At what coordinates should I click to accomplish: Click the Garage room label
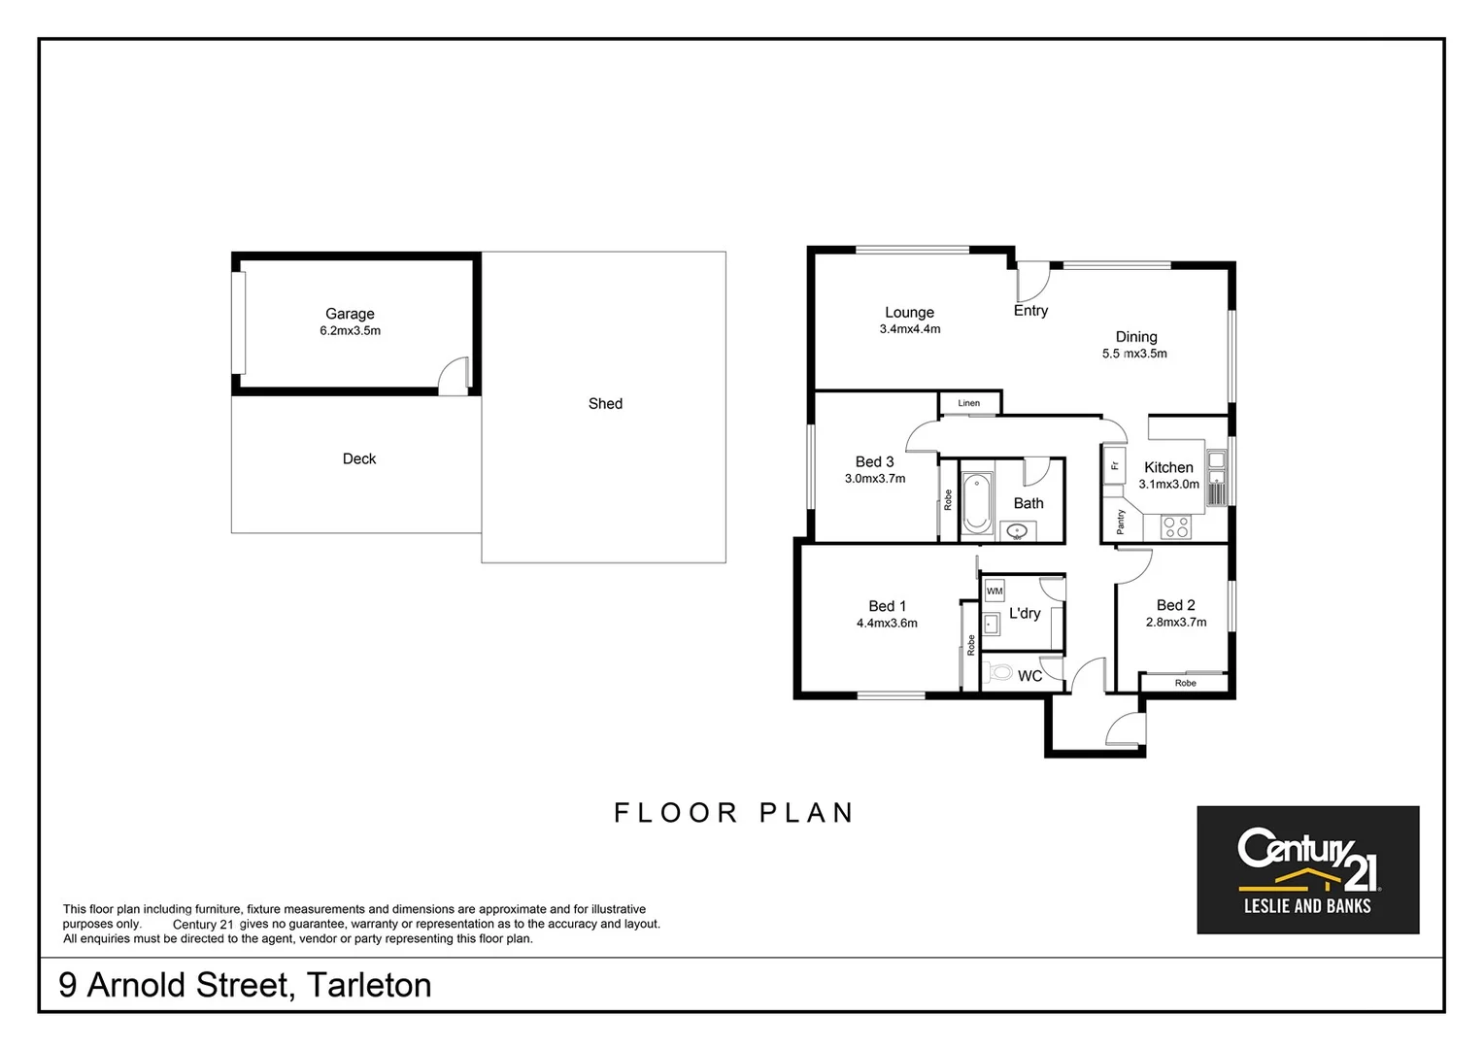click(350, 314)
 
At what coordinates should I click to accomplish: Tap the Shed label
click(605, 403)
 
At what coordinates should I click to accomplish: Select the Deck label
click(359, 458)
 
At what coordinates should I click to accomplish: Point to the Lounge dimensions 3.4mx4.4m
click(910, 329)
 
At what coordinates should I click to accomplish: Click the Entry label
click(1030, 311)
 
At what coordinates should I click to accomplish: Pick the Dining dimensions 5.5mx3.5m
click(1134, 354)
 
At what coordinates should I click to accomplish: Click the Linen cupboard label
click(969, 403)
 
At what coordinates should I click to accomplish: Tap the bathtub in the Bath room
click(977, 502)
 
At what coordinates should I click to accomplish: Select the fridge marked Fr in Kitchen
click(1115, 465)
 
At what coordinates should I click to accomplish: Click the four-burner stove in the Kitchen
click(1176, 527)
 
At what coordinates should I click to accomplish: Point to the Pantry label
click(1121, 522)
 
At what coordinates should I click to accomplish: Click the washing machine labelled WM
click(995, 591)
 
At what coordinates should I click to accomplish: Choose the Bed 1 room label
click(887, 606)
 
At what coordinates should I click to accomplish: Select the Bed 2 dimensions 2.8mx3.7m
click(1176, 623)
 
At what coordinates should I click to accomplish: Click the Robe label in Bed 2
click(1185, 683)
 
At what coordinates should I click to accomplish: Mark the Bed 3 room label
click(874, 462)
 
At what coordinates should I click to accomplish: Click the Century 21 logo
click(1307, 869)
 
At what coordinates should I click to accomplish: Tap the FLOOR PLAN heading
click(733, 813)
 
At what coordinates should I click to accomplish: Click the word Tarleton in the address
click(369, 985)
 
